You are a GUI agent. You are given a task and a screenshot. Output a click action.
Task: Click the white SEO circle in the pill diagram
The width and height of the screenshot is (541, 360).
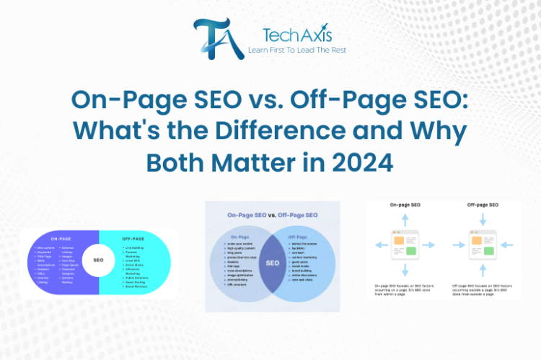[x=98, y=260]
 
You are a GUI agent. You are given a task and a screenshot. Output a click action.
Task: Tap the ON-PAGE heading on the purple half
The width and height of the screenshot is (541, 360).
[x=61, y=238]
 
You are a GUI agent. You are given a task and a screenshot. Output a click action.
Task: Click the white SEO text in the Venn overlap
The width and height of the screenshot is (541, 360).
[x=273, y=263]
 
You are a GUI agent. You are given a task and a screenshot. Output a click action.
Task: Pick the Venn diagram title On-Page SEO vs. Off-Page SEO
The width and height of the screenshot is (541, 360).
[x=272, y=214]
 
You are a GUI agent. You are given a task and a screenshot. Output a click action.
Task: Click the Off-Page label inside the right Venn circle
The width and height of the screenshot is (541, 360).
[x=298, y=235]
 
